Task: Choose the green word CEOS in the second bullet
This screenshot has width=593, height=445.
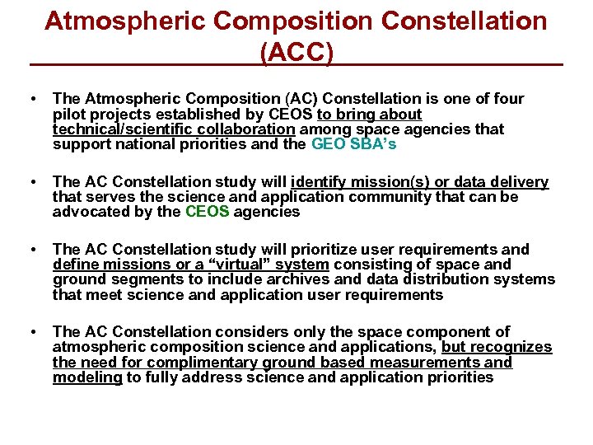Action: [207, 213]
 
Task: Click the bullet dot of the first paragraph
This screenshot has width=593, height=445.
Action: [30, 100]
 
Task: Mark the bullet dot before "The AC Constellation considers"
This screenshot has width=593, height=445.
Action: [30, 332]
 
